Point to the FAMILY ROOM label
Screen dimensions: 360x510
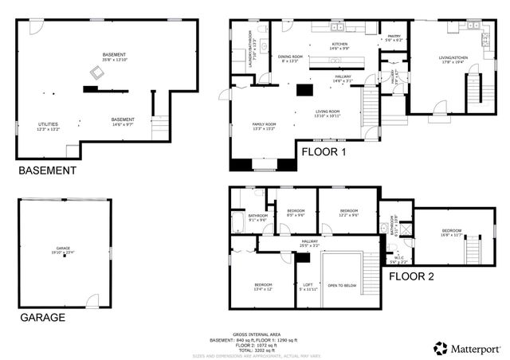(265, 126)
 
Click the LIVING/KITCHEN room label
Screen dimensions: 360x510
(456, 58)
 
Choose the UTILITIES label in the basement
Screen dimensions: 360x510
(48, 126)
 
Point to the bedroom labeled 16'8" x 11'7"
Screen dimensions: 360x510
(452, 233)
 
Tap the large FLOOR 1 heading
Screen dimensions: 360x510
(324, 151)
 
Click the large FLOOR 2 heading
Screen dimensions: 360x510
(412, 276)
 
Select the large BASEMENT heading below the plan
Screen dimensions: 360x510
(48, 170)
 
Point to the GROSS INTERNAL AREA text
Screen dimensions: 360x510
(255, 335)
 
